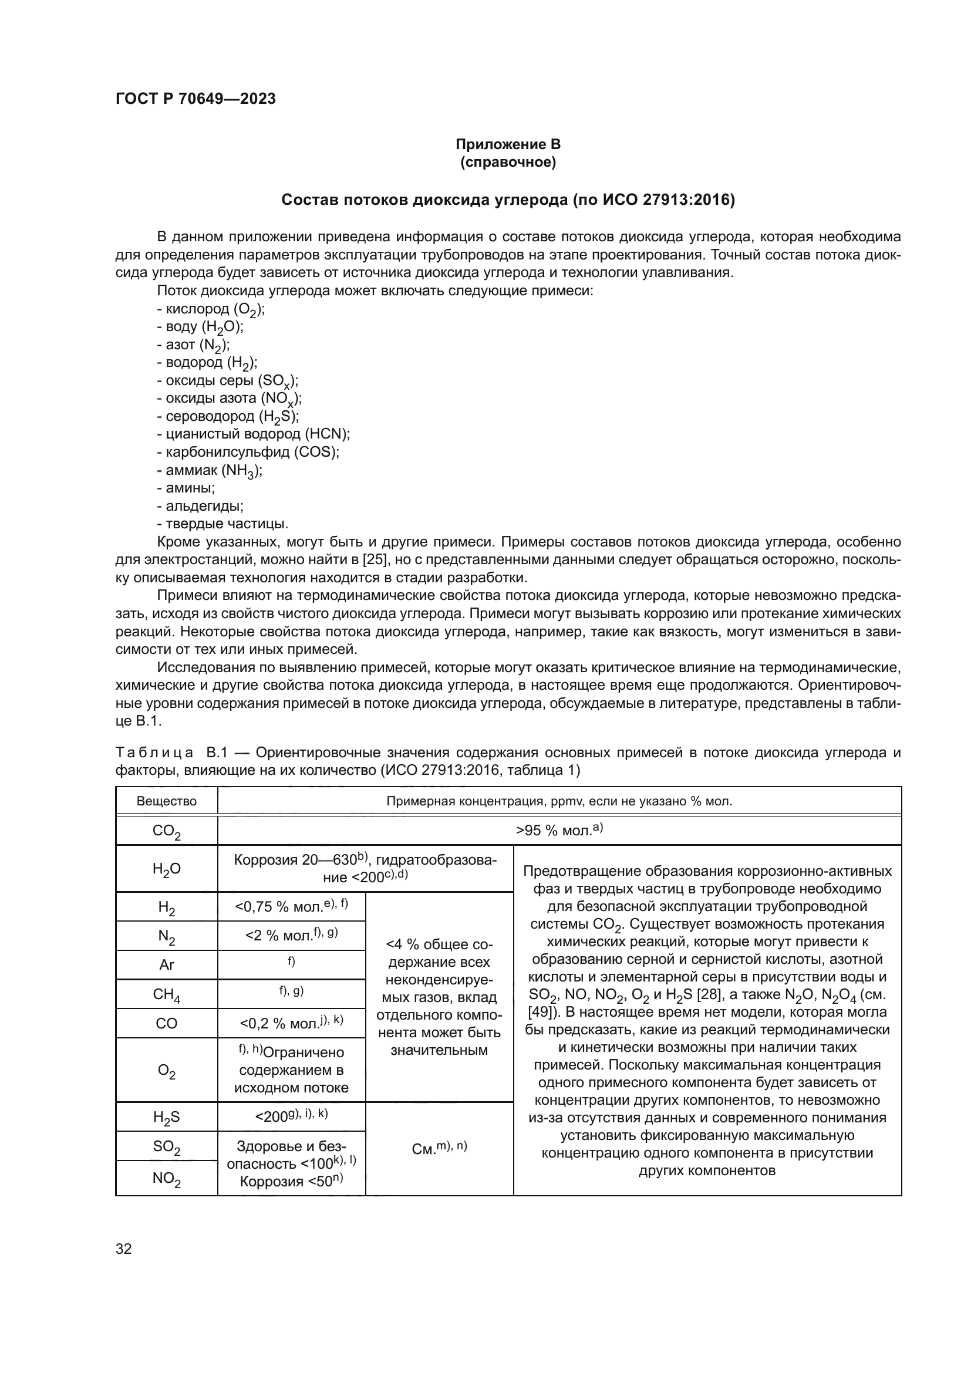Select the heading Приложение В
pos(508,144)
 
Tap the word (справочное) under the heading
pos(508,163)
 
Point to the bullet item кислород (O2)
pos(211,309)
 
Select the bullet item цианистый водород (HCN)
pos(254,434)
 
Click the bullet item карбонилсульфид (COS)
pos(248,452)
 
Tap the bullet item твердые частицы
pos(223,524)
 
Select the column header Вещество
pos(166,801)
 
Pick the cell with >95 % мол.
pos(558,830)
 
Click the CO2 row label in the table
pos(166,831)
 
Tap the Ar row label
pos(166,964)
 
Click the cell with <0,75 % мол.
pos(291,906)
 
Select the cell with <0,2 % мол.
pos(291,1023)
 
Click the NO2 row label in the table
pos(166,1178)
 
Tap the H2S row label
pos(166,1117)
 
